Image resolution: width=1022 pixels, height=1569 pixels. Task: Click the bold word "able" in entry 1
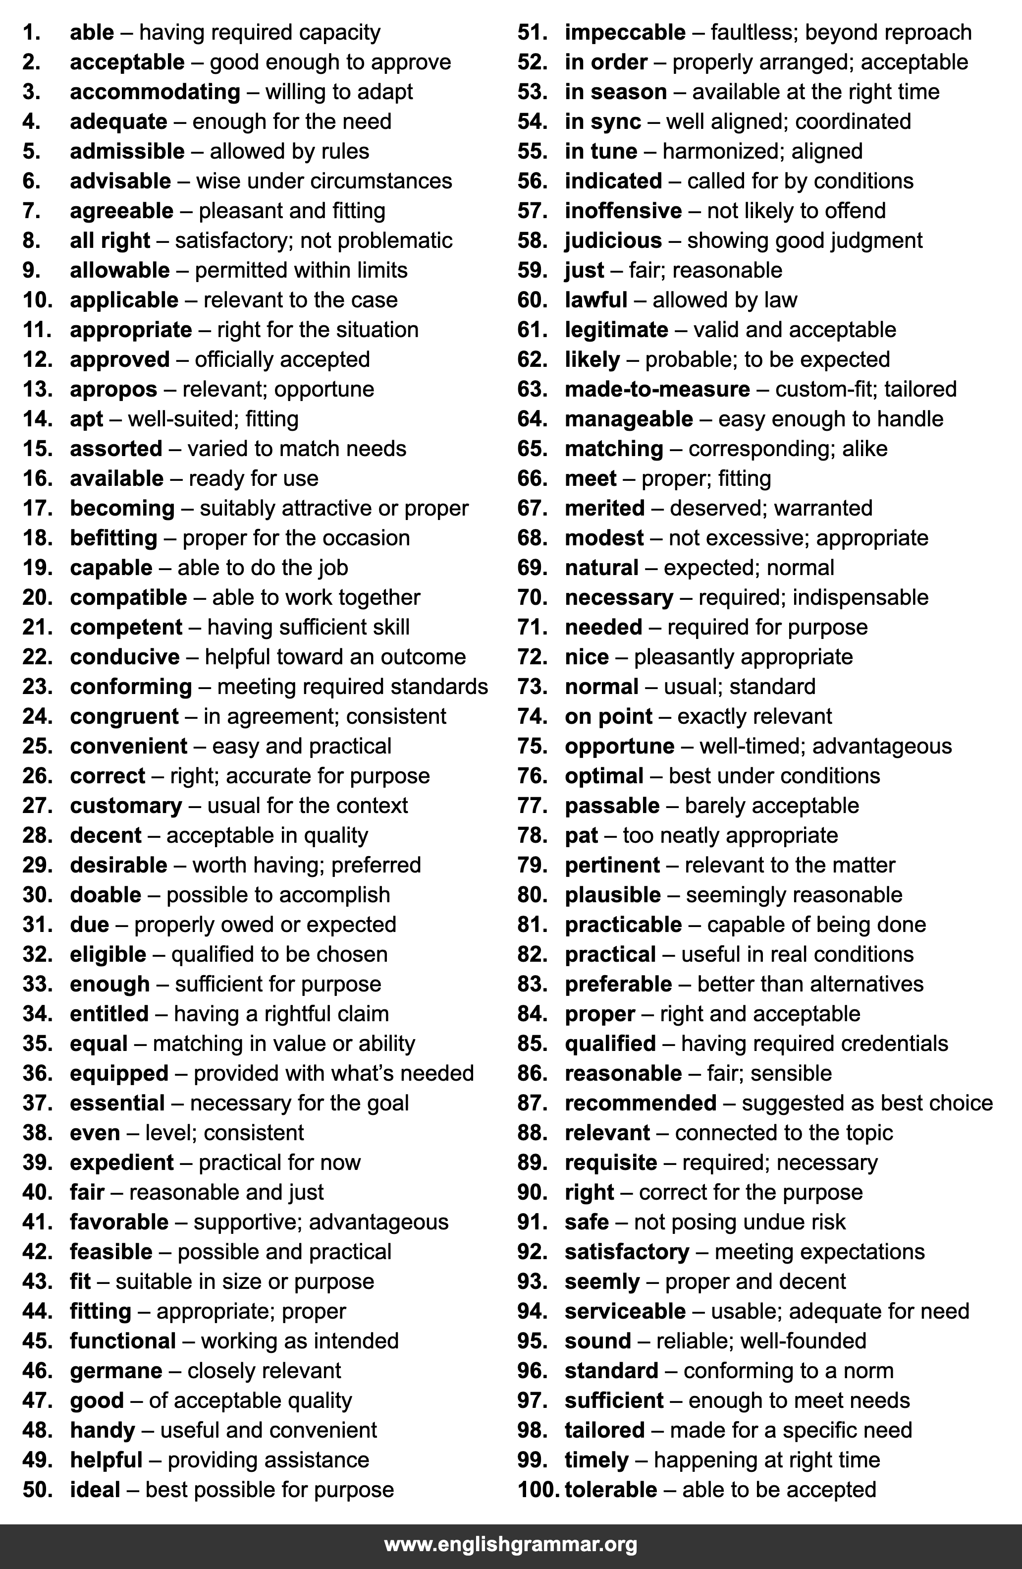(x=92, y=32)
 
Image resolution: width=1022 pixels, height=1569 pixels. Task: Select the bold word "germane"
(x=116, y=1371)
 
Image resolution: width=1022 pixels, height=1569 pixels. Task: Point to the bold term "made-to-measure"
(x=657, y=389)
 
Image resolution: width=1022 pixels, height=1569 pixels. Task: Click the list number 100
(x=538, y=1489)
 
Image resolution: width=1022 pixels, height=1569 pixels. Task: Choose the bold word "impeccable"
(x=625, y=32)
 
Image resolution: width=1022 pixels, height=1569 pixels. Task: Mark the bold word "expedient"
(x=121, y=1162)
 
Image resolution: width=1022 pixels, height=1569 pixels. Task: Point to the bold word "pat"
(x=581, y=835)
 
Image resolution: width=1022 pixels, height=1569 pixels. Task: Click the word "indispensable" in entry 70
(x=860, y=597)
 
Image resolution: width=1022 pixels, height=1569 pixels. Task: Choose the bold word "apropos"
(x=113, y=389)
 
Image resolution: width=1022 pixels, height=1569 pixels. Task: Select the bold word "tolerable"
(x=611, y=1489)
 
